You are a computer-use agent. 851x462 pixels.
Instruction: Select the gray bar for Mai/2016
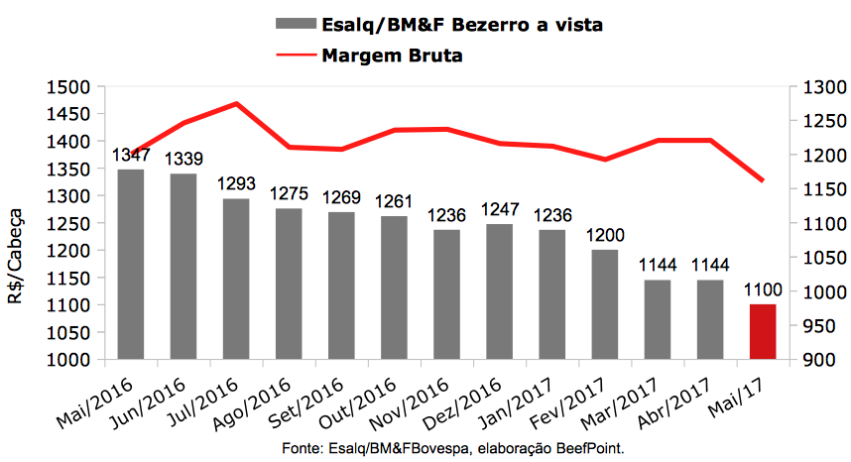tap(131, 265)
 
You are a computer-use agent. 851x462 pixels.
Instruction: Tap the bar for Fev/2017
tap(605, 304)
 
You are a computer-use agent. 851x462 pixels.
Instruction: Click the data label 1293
tap(236, 184)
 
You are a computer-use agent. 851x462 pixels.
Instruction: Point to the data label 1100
tap(763, 290)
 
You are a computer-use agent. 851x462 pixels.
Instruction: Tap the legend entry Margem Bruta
tap(393, 56)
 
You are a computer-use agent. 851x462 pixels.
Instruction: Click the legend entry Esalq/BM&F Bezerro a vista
tap(462, 23)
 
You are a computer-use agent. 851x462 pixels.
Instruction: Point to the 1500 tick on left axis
tap(68, 87)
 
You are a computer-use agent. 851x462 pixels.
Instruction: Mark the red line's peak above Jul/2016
tap(236, 103)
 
